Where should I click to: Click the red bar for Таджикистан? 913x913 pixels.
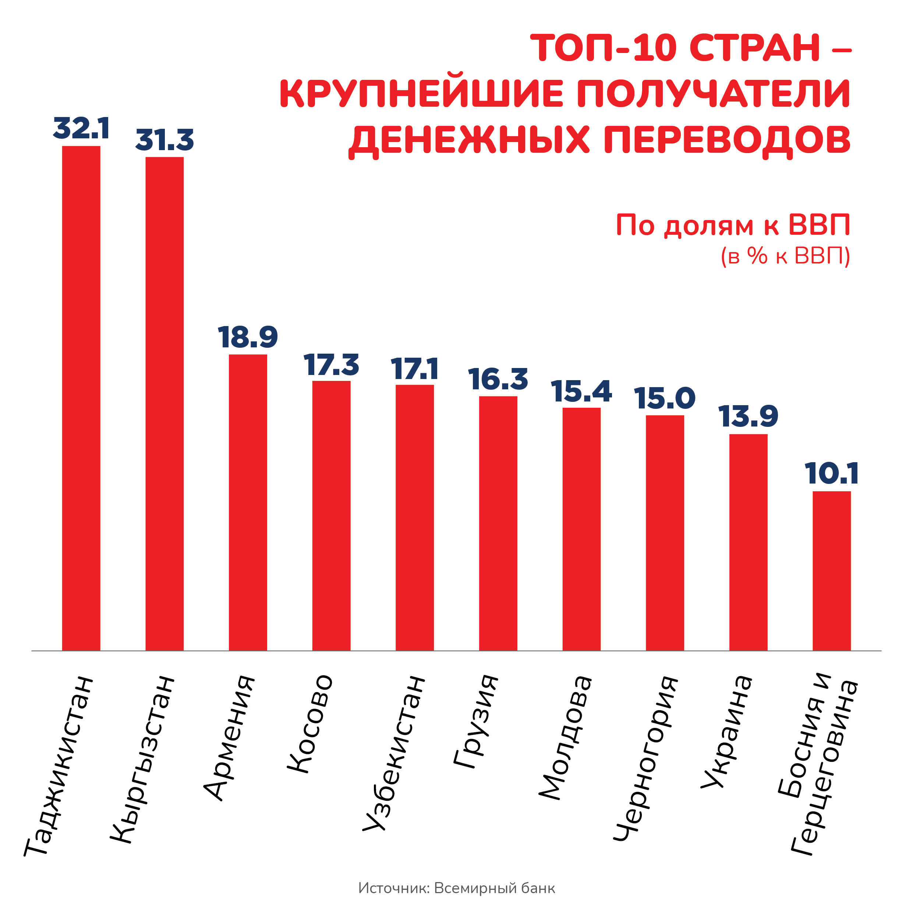pos(81,399)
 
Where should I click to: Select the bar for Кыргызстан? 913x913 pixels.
pos(164,404)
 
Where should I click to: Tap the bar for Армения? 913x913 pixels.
pos(248,502)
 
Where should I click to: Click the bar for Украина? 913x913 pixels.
pos(748,542)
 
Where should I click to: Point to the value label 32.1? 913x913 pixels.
pos(81,128)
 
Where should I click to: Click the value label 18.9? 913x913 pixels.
pos(248,337)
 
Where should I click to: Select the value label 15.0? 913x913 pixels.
pos(665,399)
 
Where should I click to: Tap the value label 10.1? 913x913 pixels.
pos(832,474)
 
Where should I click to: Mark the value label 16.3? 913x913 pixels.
pos(498,379)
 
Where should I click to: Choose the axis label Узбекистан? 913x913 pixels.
pos(394,753)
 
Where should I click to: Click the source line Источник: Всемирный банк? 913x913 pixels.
pos(456,888)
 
